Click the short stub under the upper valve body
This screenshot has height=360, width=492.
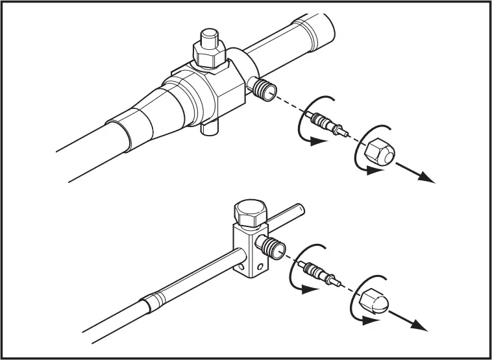pyautogui.click(x=209, y=128)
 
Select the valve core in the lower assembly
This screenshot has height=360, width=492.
pyautogui.click(x=319, y=271)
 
